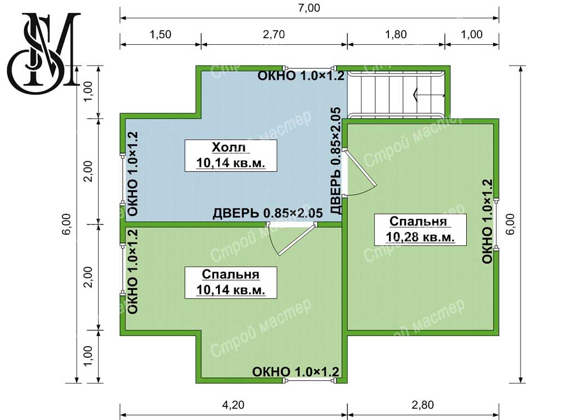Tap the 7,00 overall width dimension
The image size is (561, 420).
point(309,8)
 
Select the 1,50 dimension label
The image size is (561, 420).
point(161,34)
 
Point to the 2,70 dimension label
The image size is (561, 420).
point(274,34)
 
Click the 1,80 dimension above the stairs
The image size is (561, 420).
point(396,34)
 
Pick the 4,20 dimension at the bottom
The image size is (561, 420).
point(233,405)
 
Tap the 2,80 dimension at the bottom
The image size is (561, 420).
point(422,405)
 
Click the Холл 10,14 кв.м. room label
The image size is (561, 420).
point(231,155)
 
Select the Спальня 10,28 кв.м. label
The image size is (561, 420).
point(420,229)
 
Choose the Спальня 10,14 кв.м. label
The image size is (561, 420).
point(231,282)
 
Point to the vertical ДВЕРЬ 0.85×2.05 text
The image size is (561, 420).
point(336,161)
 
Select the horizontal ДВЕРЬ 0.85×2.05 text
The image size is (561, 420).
point(267,213)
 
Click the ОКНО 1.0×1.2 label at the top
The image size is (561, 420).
point(301,75)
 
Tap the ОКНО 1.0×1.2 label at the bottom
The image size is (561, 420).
point(295,372)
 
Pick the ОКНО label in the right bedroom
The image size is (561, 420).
point(487,221)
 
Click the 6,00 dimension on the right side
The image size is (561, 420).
point(511,224)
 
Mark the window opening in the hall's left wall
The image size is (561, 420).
point(122,179)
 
